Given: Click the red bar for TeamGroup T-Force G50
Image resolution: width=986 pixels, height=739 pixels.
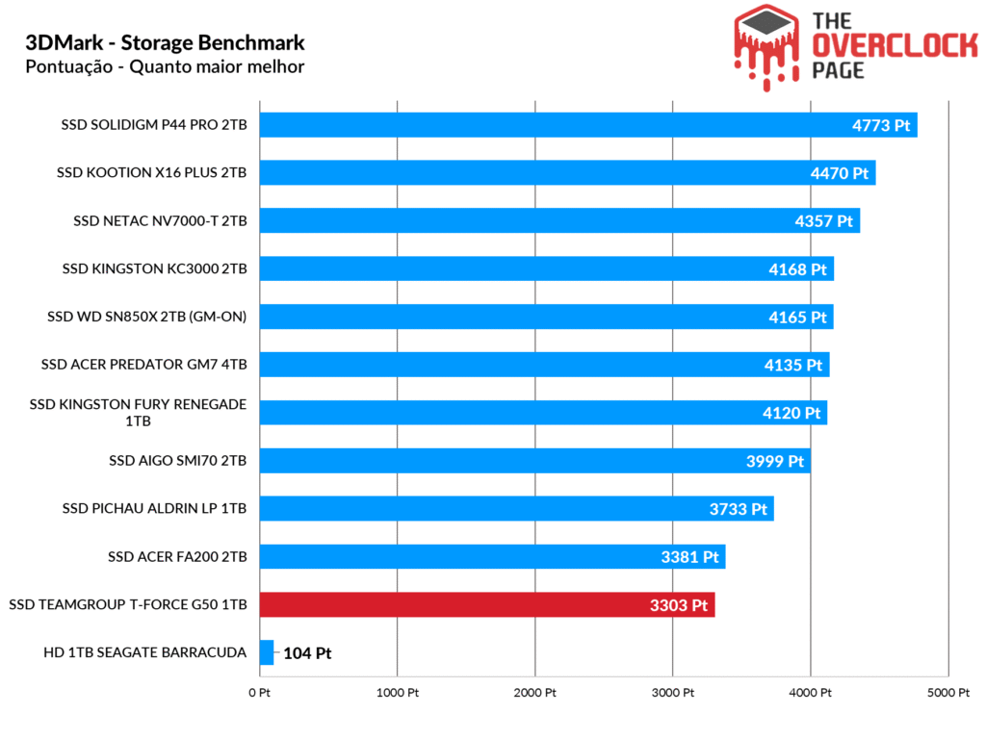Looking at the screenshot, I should pyautogui.click(x=486, y=604).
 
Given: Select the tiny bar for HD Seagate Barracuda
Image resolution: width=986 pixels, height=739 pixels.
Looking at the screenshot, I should pyautogui.click(x=267, y=652).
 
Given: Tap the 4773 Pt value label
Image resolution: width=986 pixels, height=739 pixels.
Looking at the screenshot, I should pyautogui.click(x=881, y=125).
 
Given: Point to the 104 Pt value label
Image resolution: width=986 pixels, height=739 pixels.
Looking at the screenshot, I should pyautogui.click(x=307, y=653).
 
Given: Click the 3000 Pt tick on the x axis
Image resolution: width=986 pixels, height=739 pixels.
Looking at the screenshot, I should pyautogui.click(x=672, y=693).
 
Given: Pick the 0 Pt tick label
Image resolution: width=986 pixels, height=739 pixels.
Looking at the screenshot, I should pyautogui.click(x=259, y=693).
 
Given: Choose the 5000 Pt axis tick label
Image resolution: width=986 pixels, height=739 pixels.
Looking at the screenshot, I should pyautogui.click(x=947, y=693).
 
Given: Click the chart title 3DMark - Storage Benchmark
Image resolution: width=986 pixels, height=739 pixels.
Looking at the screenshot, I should pyautogui.click(x=166, y=42).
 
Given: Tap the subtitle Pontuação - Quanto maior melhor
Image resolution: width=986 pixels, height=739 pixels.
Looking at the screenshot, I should pyautogui.click(x=165, y=66).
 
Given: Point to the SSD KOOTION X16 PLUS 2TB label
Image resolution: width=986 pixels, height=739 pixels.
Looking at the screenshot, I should pyautogui.click(x=152, y=173).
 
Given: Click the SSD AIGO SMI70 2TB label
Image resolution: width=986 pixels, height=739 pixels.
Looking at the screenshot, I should pyautogui.click(x=178, y=461).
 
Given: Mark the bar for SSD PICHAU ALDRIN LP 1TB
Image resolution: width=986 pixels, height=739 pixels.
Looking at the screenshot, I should pyautogui.click(x=516, y=509).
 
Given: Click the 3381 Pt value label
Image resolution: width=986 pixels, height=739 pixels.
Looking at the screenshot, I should pyautogui.click(x=690, y=557).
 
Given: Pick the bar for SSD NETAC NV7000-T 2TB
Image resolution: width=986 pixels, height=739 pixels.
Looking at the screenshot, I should pyautogui.click(x=558, y=220).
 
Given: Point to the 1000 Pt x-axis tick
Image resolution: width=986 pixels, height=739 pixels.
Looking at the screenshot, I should pyautogui.click(x=396, y=693).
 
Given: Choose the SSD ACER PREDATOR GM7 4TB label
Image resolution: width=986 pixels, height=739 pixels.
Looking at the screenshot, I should pyautogui.click(x=144, y=365).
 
